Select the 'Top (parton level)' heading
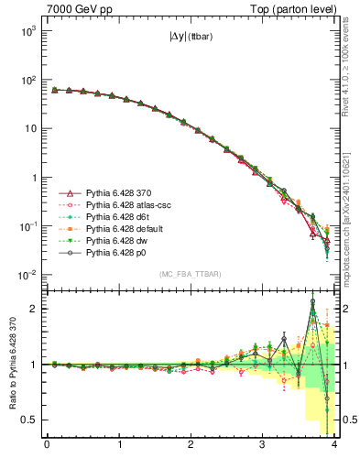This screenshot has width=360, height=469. coord(292,8)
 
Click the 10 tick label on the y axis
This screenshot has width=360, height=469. coord(30,128)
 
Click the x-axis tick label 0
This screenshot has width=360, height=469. coord(47,447)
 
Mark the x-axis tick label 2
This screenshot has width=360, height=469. coord(191,447)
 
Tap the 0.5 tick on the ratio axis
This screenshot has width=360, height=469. coord(29,420)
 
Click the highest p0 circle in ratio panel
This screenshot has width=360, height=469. coord(313,301)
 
